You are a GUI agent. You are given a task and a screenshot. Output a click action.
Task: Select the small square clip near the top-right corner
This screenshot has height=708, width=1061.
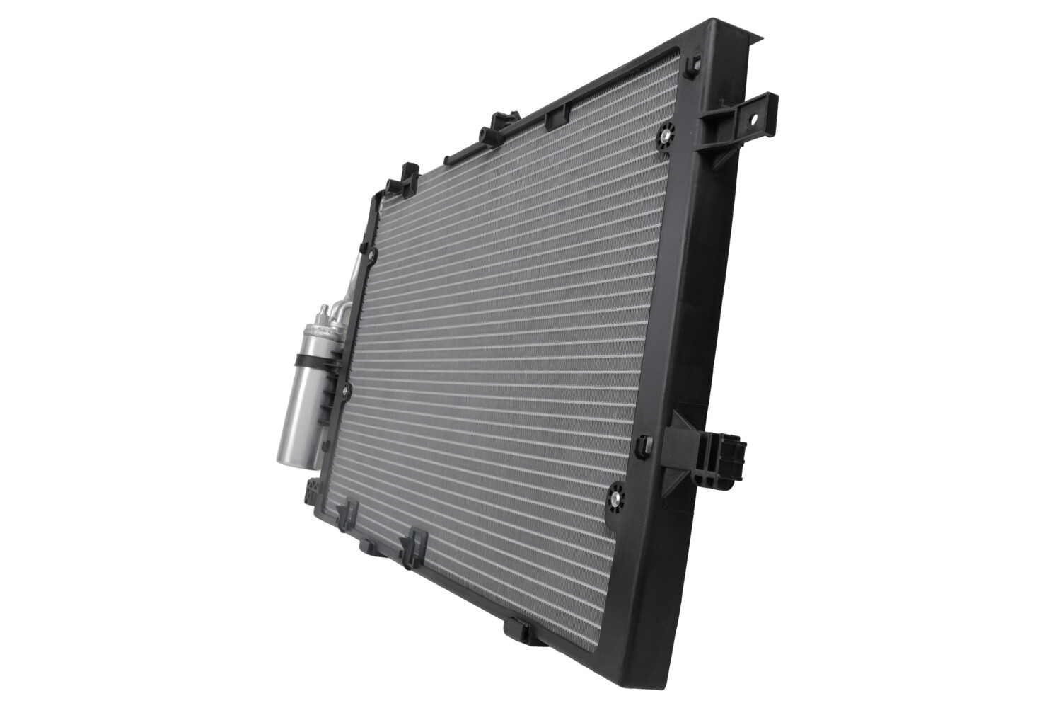(x=691, y=63)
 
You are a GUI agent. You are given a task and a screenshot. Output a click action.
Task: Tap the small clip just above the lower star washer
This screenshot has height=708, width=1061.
(x=644, y=445)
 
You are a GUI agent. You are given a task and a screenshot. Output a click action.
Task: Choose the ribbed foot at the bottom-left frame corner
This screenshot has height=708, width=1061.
(x=311, y=491)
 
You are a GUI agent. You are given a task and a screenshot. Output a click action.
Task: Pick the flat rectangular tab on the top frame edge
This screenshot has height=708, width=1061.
(x=557, y=115)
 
